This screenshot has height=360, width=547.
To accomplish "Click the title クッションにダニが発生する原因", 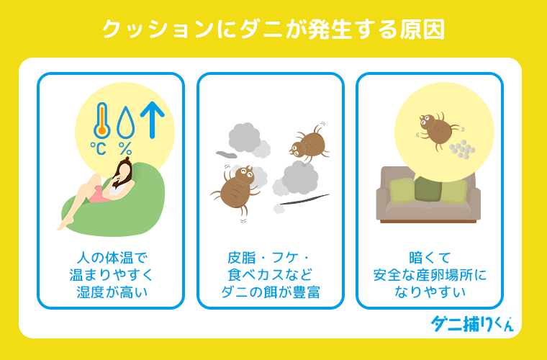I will (273, 30).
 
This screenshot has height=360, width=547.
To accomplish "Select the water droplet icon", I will (126, 122).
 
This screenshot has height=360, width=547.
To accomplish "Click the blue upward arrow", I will (153, 120).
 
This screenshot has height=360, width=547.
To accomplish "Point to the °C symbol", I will (98, 150).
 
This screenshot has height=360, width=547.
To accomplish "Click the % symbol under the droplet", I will (126, 150).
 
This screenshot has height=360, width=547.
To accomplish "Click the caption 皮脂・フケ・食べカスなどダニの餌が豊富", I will (270, 274).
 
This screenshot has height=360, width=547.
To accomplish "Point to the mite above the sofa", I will (437, 129).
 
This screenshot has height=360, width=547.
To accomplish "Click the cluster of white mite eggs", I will (462, 150).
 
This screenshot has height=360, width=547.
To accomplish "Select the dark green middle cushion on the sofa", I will (430, 189).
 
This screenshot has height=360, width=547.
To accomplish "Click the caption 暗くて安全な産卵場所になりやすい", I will (430, 274).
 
